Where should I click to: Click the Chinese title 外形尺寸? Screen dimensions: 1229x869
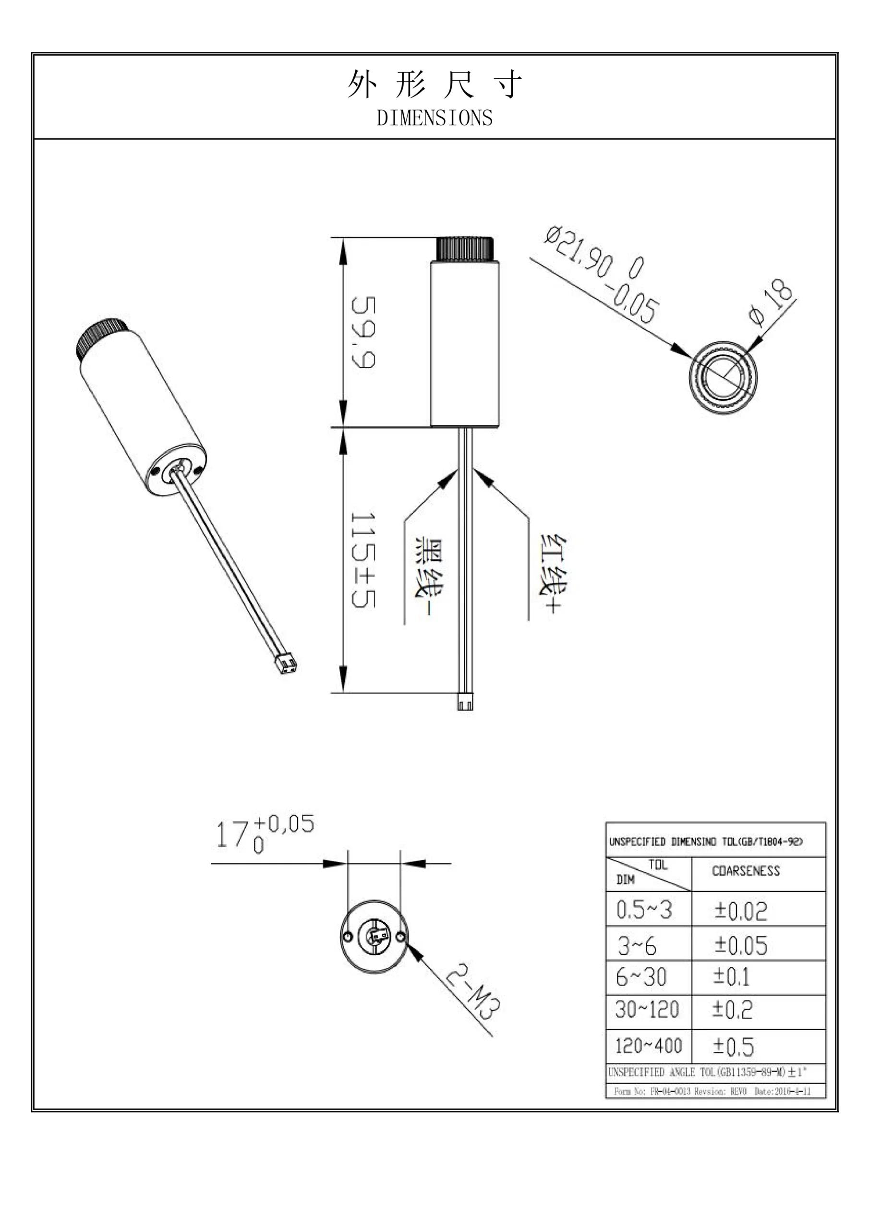434,84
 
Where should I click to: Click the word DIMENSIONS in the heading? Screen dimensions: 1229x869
434,118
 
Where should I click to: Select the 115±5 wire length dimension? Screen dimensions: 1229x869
363,560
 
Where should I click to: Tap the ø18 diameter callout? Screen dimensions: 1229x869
772,303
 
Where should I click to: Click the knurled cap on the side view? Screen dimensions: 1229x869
465,248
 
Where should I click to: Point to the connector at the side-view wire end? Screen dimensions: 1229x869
465,701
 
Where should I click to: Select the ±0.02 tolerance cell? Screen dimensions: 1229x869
740,911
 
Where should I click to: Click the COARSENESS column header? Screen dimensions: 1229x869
745,871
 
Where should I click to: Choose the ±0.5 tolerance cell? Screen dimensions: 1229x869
734,1047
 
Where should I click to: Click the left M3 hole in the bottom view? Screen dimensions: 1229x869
348,936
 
